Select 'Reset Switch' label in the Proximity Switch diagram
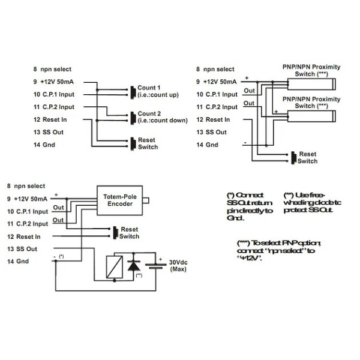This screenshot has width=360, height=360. pos(307,157)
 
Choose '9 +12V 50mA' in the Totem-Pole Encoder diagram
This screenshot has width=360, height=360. pos(29,199)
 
